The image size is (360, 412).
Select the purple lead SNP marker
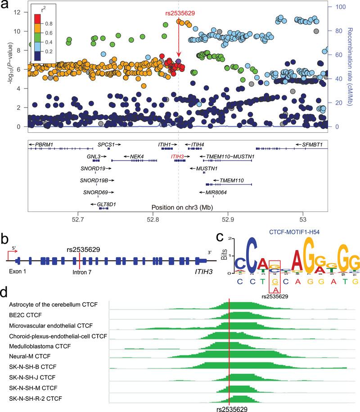[x=179, y=61]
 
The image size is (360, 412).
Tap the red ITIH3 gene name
[x=177, y=156]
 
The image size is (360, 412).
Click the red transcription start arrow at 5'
[x=12, y=259]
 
